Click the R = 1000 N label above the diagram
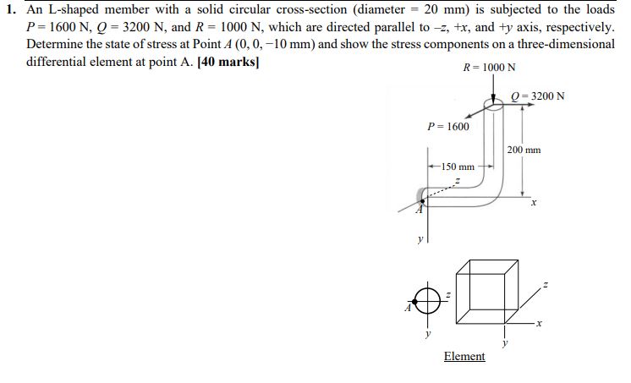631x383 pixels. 489,67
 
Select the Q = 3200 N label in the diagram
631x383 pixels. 538,96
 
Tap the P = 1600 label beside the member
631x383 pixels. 448,126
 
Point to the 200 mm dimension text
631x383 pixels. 524,150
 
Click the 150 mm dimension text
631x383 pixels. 458,167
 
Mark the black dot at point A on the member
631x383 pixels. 422,200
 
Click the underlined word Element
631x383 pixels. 464,357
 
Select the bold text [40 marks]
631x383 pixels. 228,62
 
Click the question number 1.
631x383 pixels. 10,9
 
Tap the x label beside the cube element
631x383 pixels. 540,323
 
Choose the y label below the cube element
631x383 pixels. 505,343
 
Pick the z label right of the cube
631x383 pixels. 546,285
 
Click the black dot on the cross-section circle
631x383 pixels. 415,301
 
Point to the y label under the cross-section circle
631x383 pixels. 428,333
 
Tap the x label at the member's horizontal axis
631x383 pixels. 534,203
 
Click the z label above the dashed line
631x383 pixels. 457,181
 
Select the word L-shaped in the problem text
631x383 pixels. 74,9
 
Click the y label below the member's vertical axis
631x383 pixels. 420,240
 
